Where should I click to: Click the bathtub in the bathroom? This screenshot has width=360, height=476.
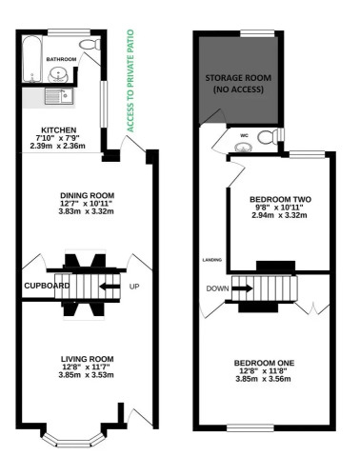click(32, 59)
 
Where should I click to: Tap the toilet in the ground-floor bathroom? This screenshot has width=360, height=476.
click(90, 45)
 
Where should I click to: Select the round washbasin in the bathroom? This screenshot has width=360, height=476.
click(58, 75)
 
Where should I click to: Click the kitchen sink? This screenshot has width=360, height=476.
click(59, 96)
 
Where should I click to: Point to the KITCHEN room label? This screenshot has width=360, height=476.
click(59, 130)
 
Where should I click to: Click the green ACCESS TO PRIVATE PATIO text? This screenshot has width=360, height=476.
click(130, 81)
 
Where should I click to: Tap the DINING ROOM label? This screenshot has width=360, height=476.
click(87, 195)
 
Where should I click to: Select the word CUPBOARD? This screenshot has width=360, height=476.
click(47, 286)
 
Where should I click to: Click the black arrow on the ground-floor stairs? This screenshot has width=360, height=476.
click(110, 287)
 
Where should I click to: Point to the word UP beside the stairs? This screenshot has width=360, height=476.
click(134, 287)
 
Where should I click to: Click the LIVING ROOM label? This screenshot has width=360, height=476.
click(87, 359)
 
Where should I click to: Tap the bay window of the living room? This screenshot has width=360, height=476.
click(73, 440)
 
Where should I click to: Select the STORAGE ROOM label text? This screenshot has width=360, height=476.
click(238, 78)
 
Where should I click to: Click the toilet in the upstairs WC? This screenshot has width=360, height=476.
click(269, 137)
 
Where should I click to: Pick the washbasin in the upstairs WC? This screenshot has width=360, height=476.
click(244, 147)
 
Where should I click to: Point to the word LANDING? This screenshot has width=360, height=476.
click(212, 260)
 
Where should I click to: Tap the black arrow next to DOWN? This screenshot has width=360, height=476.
click(242, 288)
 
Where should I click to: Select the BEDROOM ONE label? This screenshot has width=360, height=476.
click(264, 363)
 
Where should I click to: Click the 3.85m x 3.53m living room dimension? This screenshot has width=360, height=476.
click(86, 375)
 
